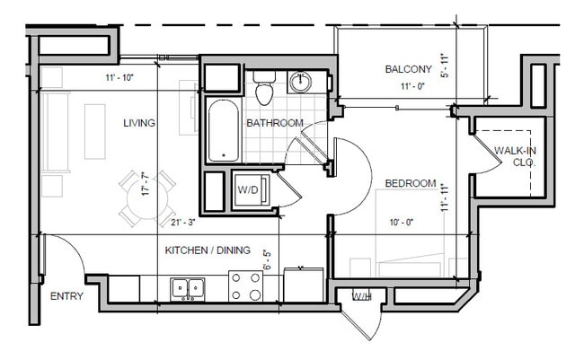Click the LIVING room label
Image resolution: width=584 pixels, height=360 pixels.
(x=140, y=123)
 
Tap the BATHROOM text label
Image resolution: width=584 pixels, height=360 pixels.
(x=275, y=123)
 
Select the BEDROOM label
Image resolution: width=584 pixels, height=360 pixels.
(x=411, y=184)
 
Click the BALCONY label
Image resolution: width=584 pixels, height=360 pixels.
(x=409, y=69)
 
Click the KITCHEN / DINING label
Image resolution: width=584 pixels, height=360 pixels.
(x=208, y=251)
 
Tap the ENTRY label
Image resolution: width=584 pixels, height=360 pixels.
(x=66, y=296)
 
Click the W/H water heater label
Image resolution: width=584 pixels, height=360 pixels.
(x=361, y=296)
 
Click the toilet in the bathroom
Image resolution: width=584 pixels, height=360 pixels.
(x=264, y=90)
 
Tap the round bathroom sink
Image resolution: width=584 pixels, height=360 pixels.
(x=301, y=83)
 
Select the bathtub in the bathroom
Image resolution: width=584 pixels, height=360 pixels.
(x=223, y=131)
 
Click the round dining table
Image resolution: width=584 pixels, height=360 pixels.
(x=146, y=196)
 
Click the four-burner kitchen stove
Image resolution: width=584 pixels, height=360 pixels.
(x=245, y=286)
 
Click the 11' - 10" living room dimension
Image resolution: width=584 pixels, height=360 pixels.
(x=119, y=79)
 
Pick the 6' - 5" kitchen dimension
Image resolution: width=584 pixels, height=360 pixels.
(x=266, y=260)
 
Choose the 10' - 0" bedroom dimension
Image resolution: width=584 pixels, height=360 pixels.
(x=402, y=221)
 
